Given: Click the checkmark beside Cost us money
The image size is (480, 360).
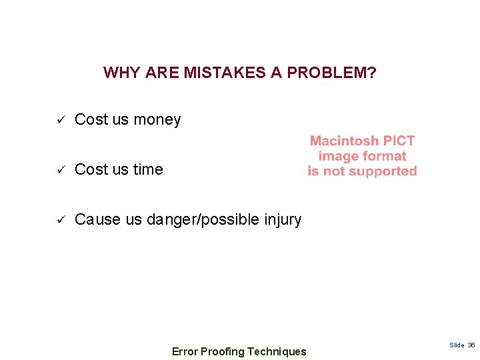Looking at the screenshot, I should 59,120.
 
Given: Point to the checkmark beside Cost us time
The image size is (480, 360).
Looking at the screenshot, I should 59,170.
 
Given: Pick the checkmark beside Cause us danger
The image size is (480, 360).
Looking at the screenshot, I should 59,220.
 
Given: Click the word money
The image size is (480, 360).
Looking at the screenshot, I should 157,120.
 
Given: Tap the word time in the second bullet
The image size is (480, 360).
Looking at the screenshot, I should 148,170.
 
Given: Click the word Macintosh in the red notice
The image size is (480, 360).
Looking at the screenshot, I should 344,141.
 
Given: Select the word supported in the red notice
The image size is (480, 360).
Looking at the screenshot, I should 384,171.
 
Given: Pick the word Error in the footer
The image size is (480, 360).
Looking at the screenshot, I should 185,351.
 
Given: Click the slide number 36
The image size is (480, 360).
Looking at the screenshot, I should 471,345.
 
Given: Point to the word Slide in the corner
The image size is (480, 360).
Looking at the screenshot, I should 457,345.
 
